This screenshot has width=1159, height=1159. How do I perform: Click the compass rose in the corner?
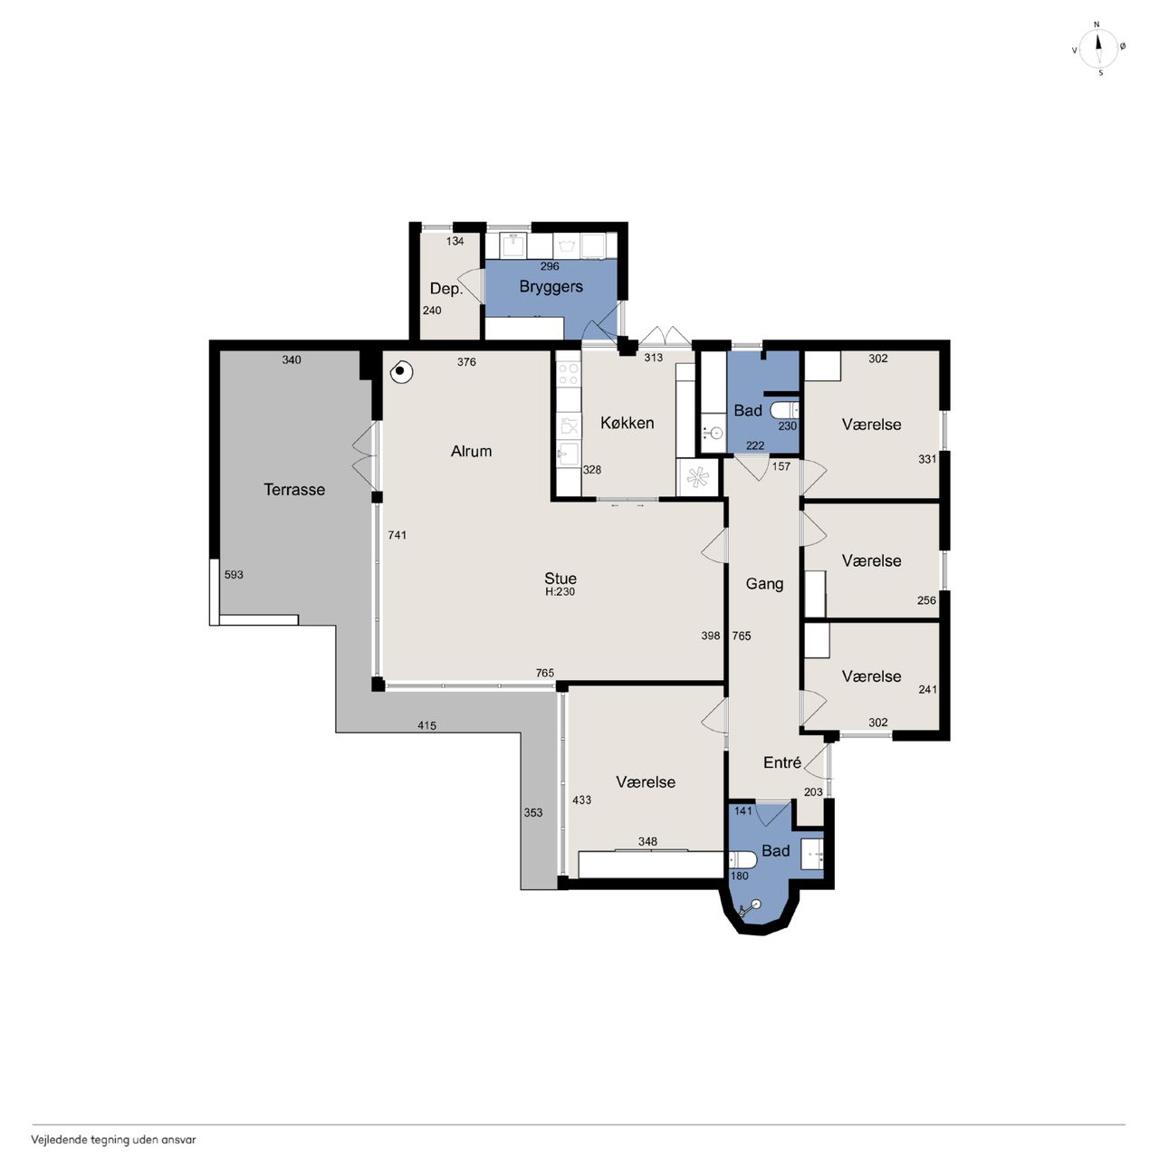[x=1098, y=49]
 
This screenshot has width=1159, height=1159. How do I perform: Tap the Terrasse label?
[x=294, y=490]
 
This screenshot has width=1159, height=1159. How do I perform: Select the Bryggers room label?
[x=551, y=287]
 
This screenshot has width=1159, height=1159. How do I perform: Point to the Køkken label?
[x=627, y=423]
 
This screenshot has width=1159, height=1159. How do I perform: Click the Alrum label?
[x=471, y=451]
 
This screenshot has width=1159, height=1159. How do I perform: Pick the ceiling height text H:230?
[x=560, y=592]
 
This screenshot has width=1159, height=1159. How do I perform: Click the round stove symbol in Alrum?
[x=401, y=373]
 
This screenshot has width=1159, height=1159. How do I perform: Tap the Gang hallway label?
[x=764, y=584]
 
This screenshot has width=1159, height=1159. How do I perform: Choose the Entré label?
[x=782, y=762]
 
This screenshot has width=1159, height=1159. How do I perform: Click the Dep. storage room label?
[x=446, y=289]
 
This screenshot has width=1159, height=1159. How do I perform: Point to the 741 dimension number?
[x=398, y=535]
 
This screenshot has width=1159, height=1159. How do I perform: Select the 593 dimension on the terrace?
[x=234, y=574]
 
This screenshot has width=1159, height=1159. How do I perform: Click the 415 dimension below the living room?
[x=427, y=725]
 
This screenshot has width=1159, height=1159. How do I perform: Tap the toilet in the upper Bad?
[x=784, y=410]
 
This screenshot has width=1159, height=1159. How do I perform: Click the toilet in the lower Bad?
[x=742, y=860]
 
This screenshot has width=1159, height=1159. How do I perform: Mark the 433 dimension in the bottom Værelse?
[x=581, y=800]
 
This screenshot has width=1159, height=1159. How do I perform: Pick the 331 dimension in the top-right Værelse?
[x=927, y=459]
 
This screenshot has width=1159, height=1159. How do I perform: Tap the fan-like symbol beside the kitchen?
[x=698, y=478]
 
